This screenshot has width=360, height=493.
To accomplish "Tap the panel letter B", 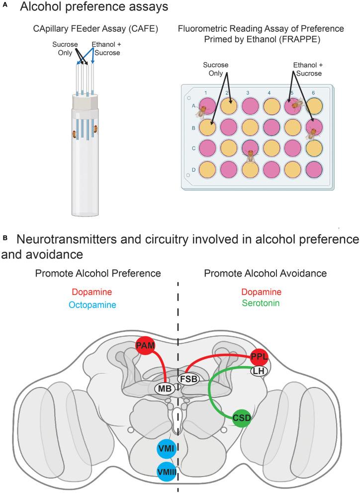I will [5, 239].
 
